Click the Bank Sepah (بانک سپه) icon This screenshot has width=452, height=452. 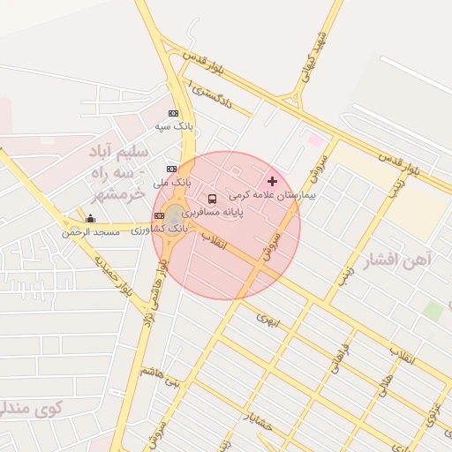173,113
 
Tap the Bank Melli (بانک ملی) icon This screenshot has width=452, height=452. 171,169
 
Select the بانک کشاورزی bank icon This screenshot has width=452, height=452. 159,215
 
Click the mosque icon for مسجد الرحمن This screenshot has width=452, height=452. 90,218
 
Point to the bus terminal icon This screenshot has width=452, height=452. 212,199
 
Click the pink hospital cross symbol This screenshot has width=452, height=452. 272,181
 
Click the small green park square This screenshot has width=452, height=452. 432,311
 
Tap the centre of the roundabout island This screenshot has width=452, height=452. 176,215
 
